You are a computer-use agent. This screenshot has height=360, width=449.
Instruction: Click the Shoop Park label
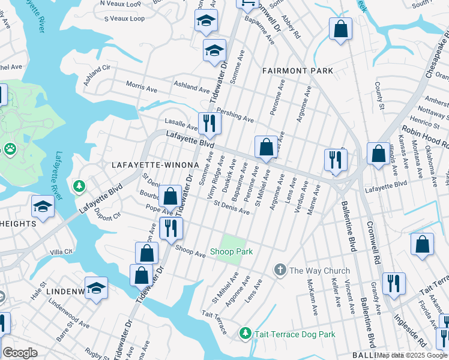click(231, 252)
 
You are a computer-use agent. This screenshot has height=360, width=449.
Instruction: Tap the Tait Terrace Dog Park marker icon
click(245, 332)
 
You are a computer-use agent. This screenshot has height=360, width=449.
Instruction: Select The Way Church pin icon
click(280, 270)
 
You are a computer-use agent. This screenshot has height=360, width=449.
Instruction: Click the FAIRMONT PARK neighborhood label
click(298, 71)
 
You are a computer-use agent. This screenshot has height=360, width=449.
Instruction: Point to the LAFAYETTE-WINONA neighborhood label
click(155, 164)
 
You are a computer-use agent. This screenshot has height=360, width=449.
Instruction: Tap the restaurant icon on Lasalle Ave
click(209, 124)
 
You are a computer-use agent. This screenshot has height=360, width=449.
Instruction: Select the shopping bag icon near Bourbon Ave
click(170, 196)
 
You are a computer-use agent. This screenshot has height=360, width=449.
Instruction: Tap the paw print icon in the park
click(10, 148)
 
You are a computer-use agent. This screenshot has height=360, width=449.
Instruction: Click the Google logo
click(20, 353)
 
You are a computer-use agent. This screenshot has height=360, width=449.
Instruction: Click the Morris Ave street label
click(141, 88)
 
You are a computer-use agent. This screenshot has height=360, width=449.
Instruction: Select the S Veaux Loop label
click(124, 19)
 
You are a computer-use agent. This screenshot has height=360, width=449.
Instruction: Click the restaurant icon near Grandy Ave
click(394, 283)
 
